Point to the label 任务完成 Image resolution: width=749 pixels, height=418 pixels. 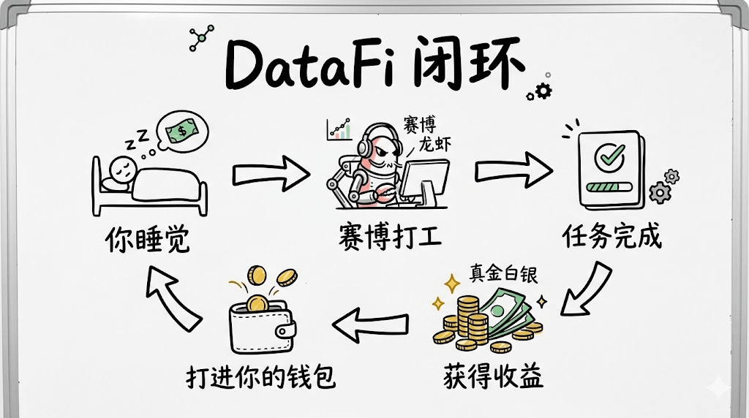[x=611, y=235]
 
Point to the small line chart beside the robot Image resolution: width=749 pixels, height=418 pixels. [x=339, y=130]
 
